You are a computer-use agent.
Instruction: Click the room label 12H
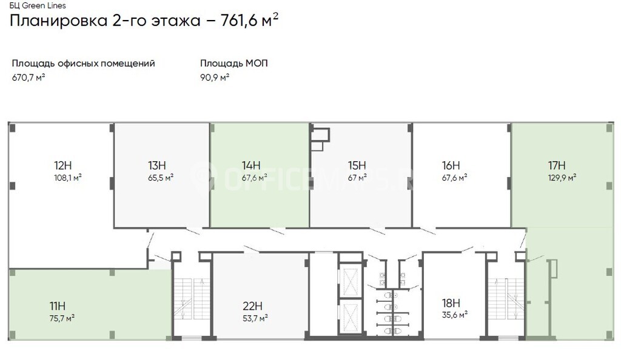62,165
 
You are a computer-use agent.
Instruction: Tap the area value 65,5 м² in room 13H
160,178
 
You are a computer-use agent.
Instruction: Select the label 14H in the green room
251,165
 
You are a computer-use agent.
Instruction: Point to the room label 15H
357,165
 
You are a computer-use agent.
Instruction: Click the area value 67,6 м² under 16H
454,178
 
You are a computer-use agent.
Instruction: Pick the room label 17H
557,165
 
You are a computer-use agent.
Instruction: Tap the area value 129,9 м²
562,178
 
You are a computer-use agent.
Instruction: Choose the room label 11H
58,306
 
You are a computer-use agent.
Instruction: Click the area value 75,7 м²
62,318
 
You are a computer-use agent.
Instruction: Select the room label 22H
252,306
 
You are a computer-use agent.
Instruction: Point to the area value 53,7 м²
255,318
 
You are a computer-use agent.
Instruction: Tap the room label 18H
451,303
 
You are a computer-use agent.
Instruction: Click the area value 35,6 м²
455,315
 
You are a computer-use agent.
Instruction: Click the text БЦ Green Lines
38,5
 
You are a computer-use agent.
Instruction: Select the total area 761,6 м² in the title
249,20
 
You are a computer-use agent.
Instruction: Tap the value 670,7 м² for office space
28,77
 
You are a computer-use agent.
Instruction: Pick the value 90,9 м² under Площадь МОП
215,77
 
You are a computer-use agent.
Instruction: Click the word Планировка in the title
59,21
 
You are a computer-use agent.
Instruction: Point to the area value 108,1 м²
68,178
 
